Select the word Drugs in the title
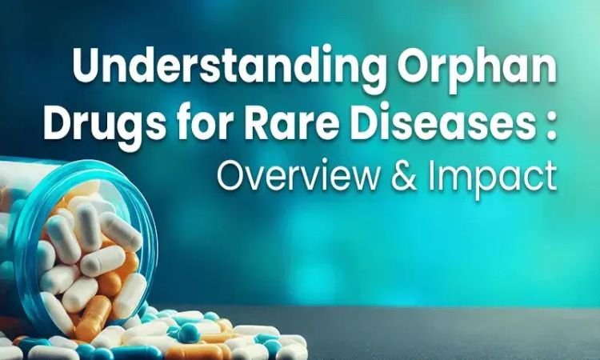105,122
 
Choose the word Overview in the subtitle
299,176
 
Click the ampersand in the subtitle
404,176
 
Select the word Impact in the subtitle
492,177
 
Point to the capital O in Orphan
415,65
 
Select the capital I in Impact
431,176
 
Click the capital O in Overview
231,176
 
